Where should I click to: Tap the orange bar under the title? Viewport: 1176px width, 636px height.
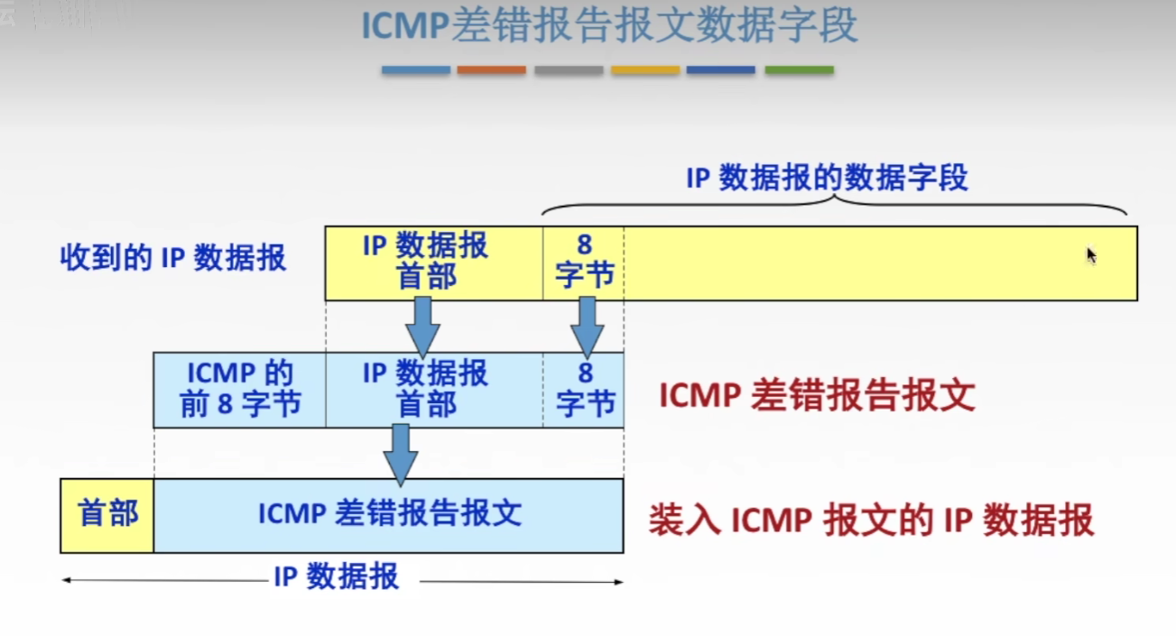491,69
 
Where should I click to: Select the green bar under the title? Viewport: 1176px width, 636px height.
799,69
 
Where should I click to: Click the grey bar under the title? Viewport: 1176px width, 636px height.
569,69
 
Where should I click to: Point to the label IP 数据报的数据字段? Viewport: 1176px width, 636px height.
827,178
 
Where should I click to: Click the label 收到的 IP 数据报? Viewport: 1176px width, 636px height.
173,258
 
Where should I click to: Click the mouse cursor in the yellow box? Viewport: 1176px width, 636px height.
1090,254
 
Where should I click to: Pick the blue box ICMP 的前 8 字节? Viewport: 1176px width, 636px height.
240,389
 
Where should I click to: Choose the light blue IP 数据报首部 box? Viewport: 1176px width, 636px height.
425,389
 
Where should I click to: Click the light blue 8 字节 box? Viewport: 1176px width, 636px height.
584,389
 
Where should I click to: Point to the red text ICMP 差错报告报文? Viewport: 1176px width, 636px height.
817,396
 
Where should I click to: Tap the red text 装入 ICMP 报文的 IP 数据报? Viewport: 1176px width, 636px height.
870,521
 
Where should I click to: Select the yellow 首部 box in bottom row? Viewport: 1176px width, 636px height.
107,514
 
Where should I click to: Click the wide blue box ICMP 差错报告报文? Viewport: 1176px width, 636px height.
389,514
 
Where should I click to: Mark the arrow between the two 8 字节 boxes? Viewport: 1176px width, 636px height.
587,326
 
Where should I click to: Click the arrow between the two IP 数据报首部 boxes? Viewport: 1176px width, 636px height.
422,326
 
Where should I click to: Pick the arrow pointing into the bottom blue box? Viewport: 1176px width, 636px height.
401,454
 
